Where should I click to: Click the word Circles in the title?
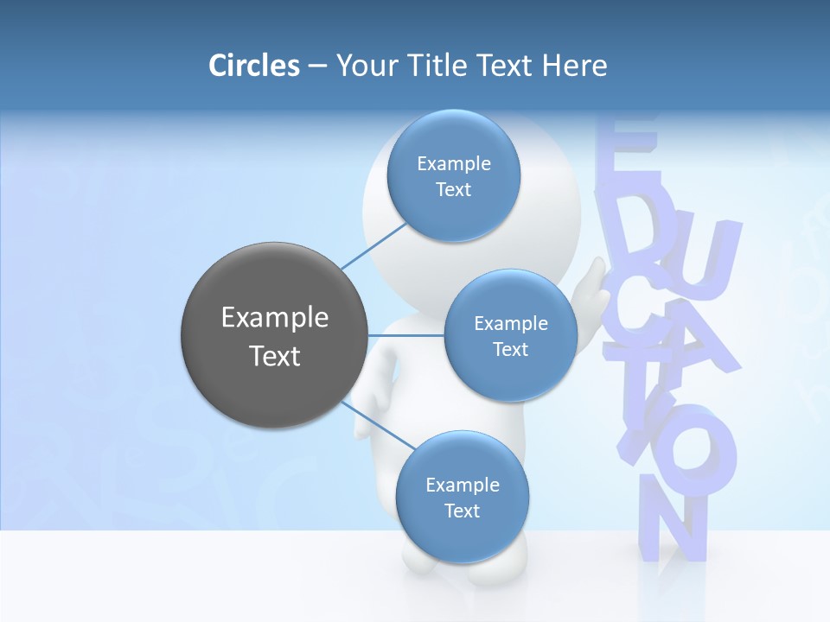[x=253, y=66]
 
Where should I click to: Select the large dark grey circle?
[x=274, y=335]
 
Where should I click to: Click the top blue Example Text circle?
[x=453, y=175]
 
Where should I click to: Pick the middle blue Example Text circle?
[x=510, y=335]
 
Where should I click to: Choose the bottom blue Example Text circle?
[x=462, y=497]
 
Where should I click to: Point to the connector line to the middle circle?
[x=406, y=334]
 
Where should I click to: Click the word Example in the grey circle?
[x=274, y=318]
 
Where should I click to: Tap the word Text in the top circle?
[x=453, y=189]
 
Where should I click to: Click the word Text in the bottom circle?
[x=462, y=511]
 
